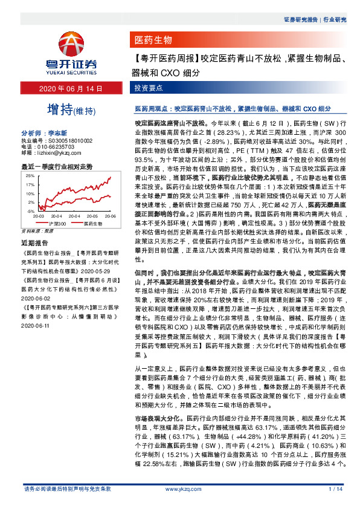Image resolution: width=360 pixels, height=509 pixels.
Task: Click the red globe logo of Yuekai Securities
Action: coord(71,43)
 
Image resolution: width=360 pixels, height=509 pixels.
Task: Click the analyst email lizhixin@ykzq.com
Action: coord(55,152)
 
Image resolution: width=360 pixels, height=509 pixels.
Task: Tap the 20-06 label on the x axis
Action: coord(94,216)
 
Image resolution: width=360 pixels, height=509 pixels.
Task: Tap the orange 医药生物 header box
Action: coord(152,41)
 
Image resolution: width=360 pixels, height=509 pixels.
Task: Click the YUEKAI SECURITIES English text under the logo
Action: coord(71,70)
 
